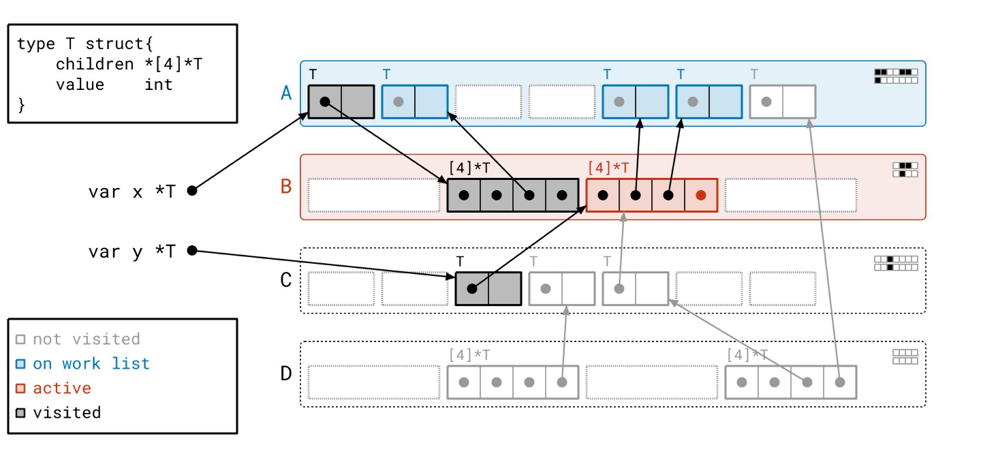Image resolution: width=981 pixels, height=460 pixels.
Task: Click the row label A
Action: (287, 93)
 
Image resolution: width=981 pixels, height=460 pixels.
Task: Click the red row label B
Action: (287, 186)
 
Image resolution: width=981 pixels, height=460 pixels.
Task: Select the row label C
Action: (287, 280)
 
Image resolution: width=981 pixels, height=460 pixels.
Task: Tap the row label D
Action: (287, 373)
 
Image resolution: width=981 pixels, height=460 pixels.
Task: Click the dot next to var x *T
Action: (192, 191)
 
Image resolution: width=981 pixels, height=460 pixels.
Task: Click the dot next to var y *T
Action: (192, 251)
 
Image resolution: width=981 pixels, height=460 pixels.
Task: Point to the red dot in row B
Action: (701, 195)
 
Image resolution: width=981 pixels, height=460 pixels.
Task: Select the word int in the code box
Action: (158, 85)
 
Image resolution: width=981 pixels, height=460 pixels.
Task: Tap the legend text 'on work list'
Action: (91, 363)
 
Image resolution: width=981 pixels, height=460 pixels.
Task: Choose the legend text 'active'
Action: (62, 388)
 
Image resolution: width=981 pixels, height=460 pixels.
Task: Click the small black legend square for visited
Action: (20, 412)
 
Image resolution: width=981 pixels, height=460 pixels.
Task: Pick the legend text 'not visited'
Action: (87, 339)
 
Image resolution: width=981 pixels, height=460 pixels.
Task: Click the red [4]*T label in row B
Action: (608, 168)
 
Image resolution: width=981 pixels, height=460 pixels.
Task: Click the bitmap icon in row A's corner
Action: (896, 76)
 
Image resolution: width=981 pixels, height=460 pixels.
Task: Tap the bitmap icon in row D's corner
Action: (905, 356)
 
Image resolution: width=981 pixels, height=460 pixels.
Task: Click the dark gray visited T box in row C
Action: (488, 288)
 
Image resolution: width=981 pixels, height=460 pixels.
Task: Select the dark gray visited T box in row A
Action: (341, 102)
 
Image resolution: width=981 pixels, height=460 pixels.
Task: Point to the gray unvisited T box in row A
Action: (782, 102)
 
